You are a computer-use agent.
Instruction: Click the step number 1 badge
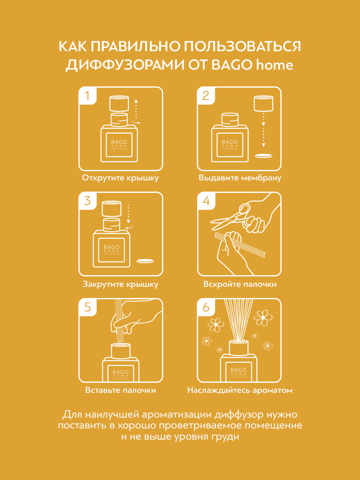88,96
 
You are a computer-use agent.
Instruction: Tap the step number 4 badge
206,201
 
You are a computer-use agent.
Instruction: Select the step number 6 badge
206,307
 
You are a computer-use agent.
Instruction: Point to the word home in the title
274,65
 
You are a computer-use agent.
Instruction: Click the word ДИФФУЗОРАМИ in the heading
125,65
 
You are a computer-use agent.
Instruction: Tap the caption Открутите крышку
120,178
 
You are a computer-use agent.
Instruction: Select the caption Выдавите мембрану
240,178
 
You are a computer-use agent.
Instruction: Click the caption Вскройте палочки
240,284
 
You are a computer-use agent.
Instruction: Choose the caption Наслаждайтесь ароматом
240,390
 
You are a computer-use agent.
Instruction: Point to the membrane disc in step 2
264,156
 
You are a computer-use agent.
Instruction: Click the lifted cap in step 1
119,103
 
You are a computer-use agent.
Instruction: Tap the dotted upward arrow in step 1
136,109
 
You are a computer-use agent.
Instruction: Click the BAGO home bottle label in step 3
112,250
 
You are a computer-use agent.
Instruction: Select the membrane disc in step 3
145,261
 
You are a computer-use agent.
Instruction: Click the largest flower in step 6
263,318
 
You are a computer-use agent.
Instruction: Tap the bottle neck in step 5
121,350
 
